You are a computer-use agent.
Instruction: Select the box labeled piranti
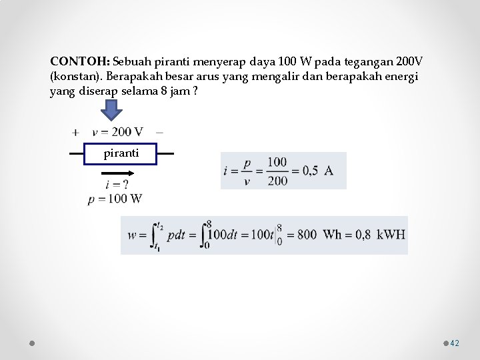click(x=121, y=153)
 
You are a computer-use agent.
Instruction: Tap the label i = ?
click(x=116, y=184)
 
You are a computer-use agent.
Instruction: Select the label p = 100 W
click(x=115, y=198)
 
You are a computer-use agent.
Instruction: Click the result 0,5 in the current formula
click(x=310, y=171)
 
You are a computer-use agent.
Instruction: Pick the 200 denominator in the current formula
click(x=278, y=180)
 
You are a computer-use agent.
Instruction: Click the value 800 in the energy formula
click(x=307, y=235)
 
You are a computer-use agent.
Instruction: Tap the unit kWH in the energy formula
click(x=391, y=235)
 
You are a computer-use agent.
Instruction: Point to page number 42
click(x=455, y=343)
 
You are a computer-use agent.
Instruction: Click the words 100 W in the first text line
click(x=287, y=61)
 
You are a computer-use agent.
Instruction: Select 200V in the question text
click(x=407, y=61)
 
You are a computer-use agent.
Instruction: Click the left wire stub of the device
click(x=77, y=153)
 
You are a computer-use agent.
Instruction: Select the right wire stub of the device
click(x=165, y=153)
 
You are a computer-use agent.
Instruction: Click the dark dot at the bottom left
click(x=32, y=343)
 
